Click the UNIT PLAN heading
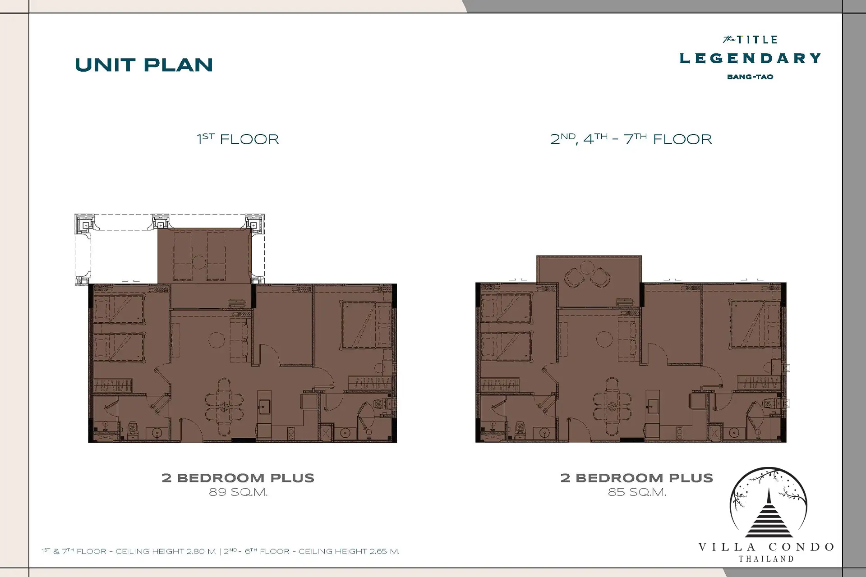[144, 65]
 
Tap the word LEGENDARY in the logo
[750, 58]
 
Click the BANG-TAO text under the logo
[750, 77]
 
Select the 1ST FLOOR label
[238, 139]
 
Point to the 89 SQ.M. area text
[238, 492]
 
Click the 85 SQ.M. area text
[637, 492]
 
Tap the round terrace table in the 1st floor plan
[199, 262]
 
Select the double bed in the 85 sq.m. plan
[755, 325]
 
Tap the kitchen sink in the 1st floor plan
[264, 406]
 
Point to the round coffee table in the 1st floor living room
[216, 340]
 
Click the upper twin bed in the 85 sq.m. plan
[507, 309]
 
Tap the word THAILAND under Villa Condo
[766, 559]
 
